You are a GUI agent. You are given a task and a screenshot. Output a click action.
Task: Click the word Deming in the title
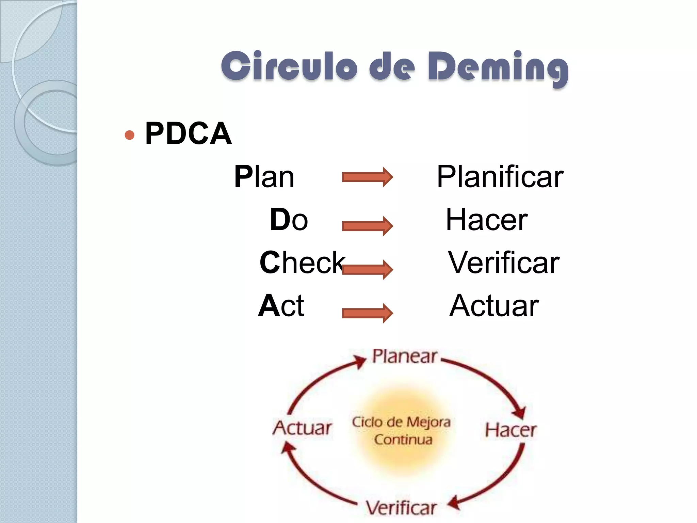[498, 67]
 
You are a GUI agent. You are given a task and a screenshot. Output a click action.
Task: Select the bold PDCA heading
[188, 133]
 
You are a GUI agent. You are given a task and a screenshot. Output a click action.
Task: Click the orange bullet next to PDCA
[129, 135]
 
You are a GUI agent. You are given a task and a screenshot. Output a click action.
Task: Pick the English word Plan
[264, 177]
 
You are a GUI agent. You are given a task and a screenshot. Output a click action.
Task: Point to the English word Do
[289, 220]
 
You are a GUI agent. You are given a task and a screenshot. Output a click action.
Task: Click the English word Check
[302, 263]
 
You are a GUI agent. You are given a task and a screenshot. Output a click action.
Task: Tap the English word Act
[281, 306]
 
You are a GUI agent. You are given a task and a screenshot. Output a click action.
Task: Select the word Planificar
[500, 177]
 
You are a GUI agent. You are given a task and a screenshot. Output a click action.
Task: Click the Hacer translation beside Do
[487, 220]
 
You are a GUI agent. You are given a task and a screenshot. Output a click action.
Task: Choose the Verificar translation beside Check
[503, 263]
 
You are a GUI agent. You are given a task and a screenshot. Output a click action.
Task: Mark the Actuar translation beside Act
[494, 306]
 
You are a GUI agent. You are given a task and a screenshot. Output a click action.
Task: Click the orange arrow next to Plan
[367, 177]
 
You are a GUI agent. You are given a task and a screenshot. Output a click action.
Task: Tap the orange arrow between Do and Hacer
[367, 226]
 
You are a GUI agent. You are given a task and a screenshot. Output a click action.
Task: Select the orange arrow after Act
[367, 313]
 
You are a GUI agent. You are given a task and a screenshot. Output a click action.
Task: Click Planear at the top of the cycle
[404, 356]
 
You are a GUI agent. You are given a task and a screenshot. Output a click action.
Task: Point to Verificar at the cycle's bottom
[401, 508]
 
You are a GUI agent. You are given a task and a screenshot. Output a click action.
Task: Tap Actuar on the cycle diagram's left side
[302, 428]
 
